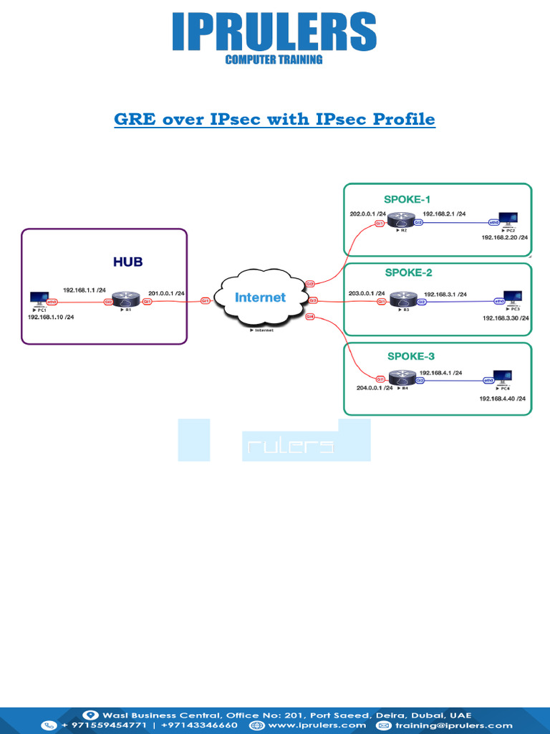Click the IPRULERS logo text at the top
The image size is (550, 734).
click(274, 32)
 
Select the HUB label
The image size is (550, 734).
click(127, 262)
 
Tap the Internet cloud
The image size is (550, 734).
click(260, 297)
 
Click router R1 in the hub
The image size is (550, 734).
click(127, 300)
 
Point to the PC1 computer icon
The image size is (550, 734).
click(39, 299)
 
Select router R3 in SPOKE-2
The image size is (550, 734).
click(402, 302)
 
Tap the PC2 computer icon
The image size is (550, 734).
click(509, 220)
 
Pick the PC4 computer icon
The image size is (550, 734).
click(503, 377)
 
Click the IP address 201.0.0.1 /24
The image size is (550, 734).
click(166, 292)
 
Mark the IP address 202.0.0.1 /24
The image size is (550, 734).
click(368, 214)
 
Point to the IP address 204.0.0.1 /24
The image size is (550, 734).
click(375, 389)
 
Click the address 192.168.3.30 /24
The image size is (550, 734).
click(505, 318)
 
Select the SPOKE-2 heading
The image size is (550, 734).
click(408, 273)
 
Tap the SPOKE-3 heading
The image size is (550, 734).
click(410, 356)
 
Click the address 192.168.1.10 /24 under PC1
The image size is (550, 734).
click(50, 316)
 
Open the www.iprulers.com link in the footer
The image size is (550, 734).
click(316, 725)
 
